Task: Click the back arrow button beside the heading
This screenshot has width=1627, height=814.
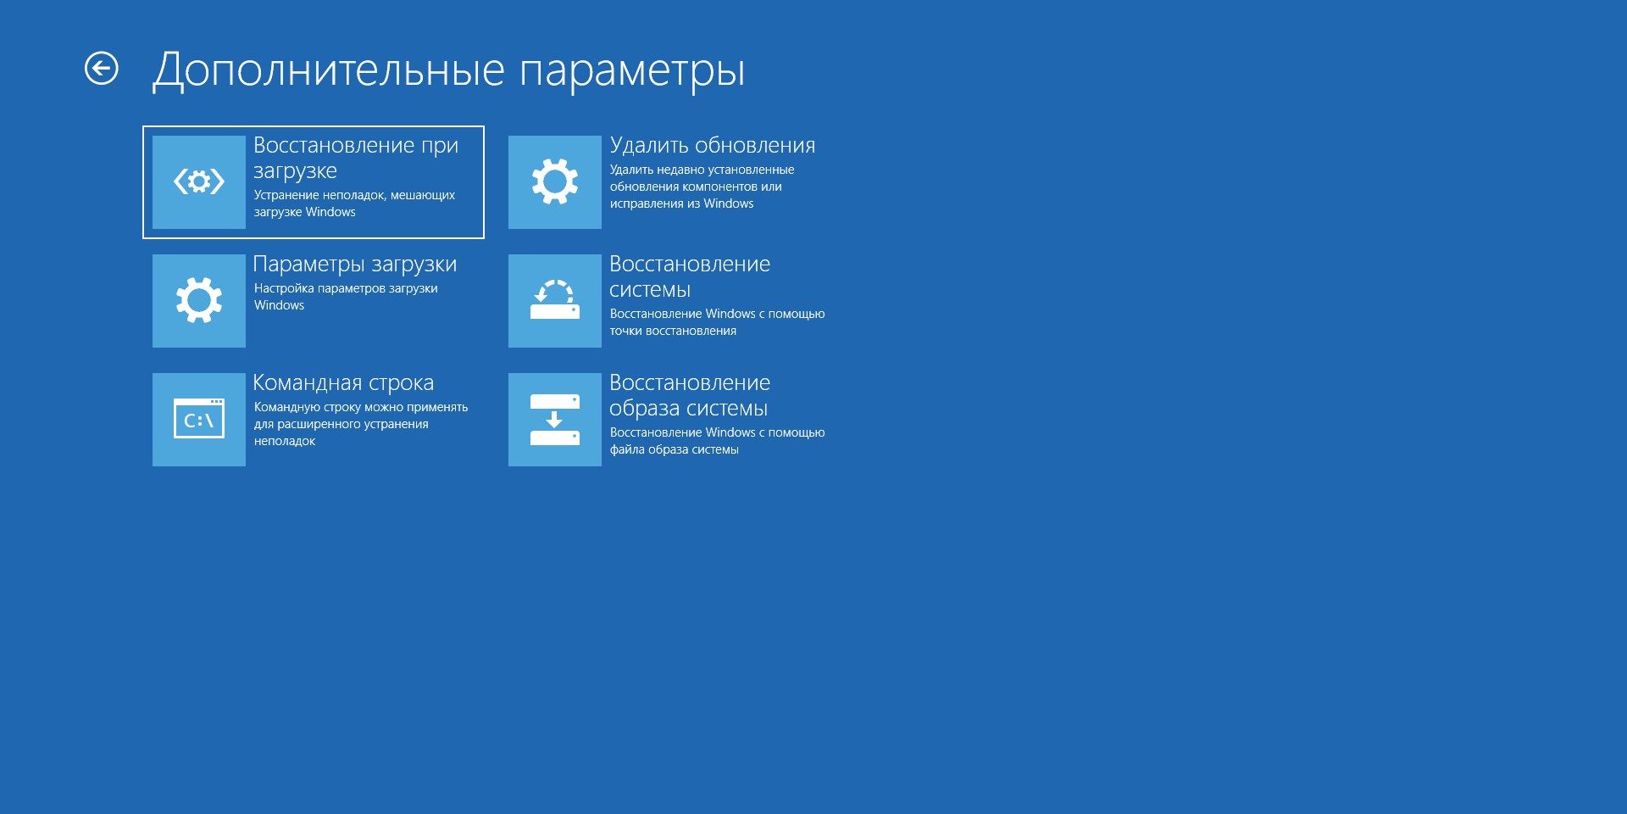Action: pyautogui.click(x=102, y=69)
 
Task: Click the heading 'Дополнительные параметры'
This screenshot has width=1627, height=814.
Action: pyautogui.click(x=448, y=70)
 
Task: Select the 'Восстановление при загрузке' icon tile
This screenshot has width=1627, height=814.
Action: pyautogui.click(x=199, y=182)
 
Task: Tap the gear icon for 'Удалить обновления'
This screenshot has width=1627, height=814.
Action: pyautogui.click(x=555, y=182)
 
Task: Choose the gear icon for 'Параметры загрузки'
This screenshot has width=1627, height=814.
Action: pyautogui.click(x=199, y=301)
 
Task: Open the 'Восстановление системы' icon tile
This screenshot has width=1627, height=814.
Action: pyautogui.click(x=555, y=301)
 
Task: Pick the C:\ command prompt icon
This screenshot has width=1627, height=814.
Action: pyautogui.click(x=199, y=420)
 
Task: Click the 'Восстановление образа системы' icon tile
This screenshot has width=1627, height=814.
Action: pyautogui.click(x=555, y=420)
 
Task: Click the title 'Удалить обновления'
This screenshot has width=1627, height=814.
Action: pyautogui.click(x=713, y=146)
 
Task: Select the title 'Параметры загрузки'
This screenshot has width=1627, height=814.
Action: pyautogui.click(x=355, y=265)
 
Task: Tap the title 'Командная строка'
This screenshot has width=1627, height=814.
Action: pyautogui.click(x=343, y=383)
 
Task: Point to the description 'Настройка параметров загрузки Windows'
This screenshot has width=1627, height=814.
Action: pyautogui.click(x=346, y=297)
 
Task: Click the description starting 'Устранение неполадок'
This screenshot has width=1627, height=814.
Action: pyautogui.click(x=354, y=203)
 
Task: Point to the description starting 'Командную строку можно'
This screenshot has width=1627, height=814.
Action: pyautogui.click(x=361, y=424)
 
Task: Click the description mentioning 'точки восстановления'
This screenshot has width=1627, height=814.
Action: pyautogui.click(x=717, y=322)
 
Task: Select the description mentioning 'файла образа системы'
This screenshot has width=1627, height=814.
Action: pyautogui.click(x=717, y=441)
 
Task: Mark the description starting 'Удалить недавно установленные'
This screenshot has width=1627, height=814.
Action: pyautogui.click(x=702, y=187)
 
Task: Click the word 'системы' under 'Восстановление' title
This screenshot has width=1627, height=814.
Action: pyautogui.click(x=650, y=290)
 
